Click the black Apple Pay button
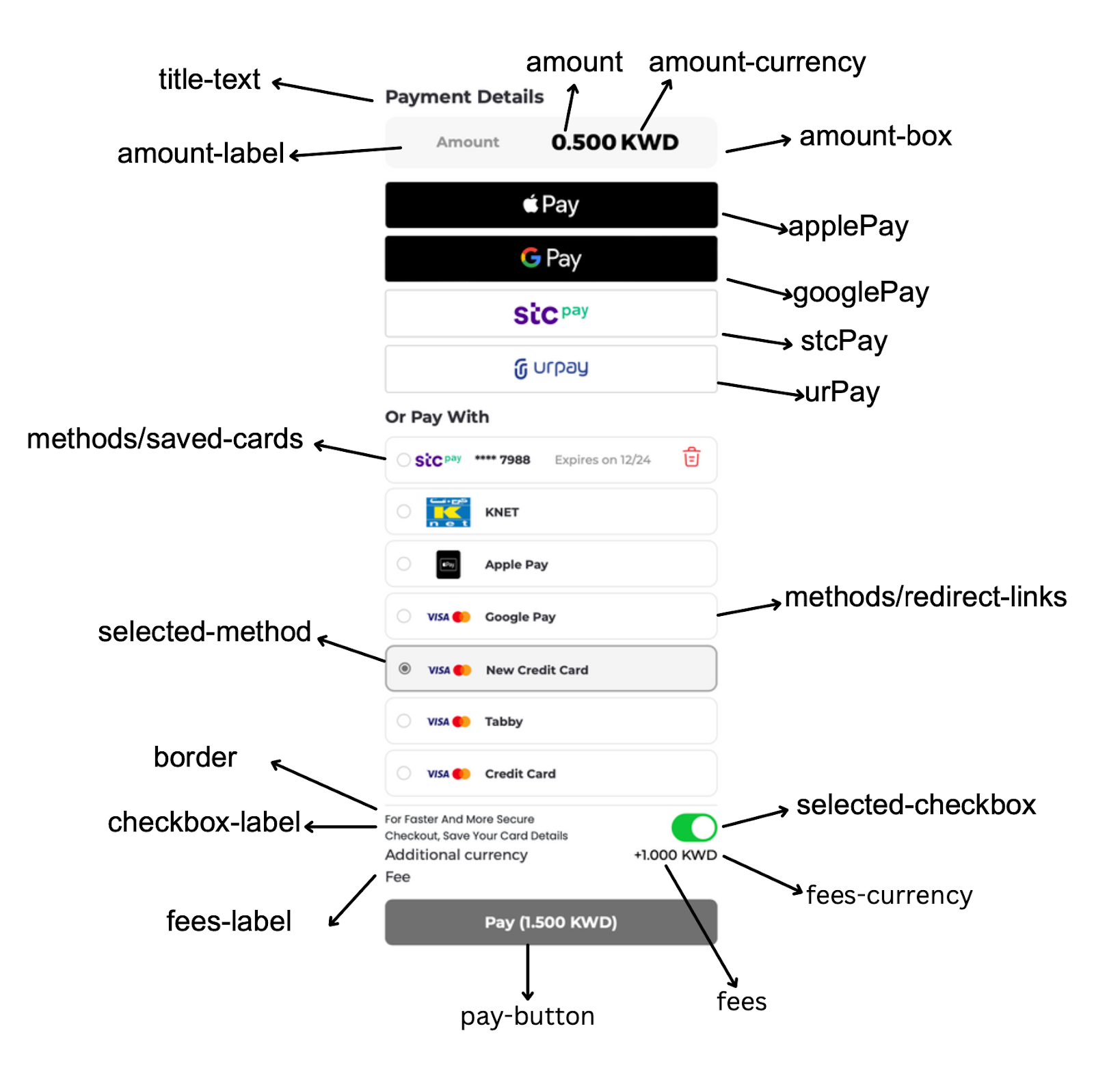(x=550, y=204)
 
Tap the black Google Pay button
(x=550, y=258)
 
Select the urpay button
(x=550, y=368)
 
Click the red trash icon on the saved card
(x=691, y=457)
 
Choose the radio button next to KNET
(x=404, y=511)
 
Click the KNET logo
(x=448, y=512)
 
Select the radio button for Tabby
(x=404, y=721)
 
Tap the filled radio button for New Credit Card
(x=405, y=669)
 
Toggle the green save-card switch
(x=693, y=827)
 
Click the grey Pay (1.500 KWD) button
(x=550, y=922)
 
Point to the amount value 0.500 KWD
(x=614, y=142)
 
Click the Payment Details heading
(x=464, y=97)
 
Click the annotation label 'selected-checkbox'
(x=916, y=805)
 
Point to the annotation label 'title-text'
(x=209, y=79)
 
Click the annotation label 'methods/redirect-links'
(x=925, y=597)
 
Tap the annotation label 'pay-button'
(x=527, y=1016)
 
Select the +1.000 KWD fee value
(x=675, y=855)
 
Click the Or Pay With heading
(x=437, y=417)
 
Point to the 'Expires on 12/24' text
(x=602, y=460)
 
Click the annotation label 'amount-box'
(x=875, y=136)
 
